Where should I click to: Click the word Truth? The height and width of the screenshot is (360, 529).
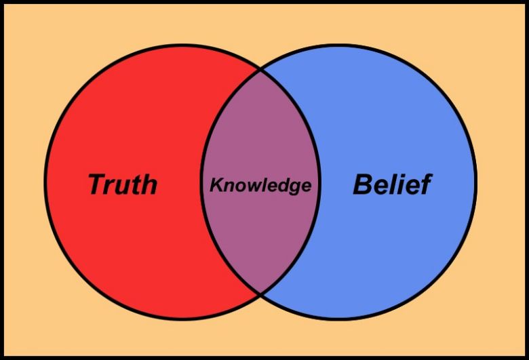123,184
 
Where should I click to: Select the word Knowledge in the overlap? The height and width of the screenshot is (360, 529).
260,185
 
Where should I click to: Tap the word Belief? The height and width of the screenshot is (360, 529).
393,184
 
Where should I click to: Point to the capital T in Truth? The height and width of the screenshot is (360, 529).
98,184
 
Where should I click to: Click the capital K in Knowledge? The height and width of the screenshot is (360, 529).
216,185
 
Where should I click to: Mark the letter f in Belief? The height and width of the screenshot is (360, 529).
426,184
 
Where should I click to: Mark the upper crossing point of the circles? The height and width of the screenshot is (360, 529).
260,71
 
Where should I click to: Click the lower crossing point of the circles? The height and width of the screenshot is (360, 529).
260,294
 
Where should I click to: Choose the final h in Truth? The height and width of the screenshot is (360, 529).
149,184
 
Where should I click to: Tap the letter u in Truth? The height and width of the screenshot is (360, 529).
128,187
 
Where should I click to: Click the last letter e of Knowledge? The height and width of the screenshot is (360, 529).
306,187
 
